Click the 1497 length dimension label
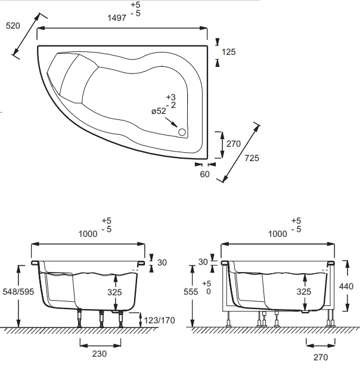[117, 18]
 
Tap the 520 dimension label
[13, 26]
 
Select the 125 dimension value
[228, 52]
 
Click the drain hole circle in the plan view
[182, 132]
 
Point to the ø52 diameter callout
[159, 111]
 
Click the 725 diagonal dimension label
[252, 158]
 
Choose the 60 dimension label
[204, 174]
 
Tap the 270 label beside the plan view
[234, 144]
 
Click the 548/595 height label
[18, 291]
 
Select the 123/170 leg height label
[159, 320]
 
